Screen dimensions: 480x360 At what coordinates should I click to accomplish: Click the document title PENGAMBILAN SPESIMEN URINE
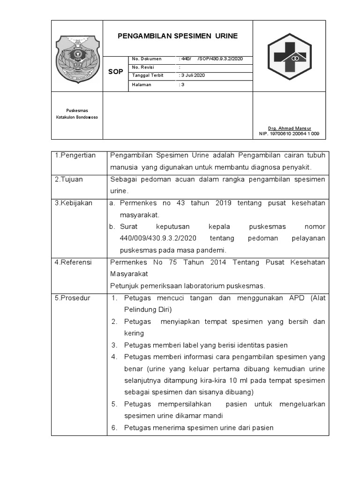click(x=177, y=36)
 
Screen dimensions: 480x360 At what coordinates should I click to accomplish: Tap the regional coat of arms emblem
click(x=77, y=57)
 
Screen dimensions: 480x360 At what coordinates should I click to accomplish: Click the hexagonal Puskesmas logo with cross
click(x=289, y=56)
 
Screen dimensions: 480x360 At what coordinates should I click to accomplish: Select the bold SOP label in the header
click(x=116, y=72)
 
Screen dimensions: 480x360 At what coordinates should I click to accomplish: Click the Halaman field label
click(x=142, y=84)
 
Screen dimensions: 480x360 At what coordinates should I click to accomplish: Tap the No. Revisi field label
click(x=144, y=67)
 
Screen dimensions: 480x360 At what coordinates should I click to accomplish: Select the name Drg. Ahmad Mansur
click(x=289, y=128)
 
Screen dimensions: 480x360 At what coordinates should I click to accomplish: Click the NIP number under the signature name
click(x=289, y=134)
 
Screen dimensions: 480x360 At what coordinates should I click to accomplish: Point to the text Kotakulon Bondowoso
click(x=77, y=117)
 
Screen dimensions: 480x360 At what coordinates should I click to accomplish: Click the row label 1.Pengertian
click(x=75, y=155)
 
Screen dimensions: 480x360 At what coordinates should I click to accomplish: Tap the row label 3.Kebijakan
click(x=74, y=203)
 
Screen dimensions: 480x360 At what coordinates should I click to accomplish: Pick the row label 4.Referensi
click(x=74, y=262)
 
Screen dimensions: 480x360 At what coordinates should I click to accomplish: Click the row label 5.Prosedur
click(x=73, y=298)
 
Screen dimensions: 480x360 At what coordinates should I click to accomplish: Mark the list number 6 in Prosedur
click(x=114, y=427)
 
